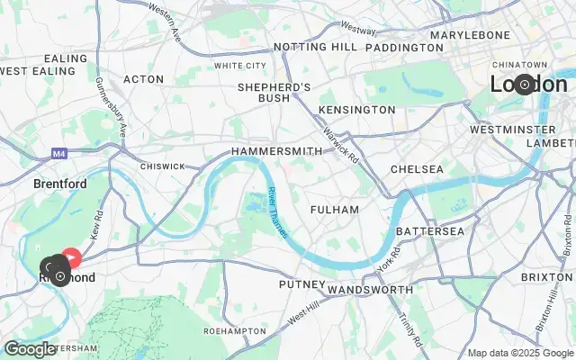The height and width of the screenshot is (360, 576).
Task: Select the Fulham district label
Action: click(334, 210)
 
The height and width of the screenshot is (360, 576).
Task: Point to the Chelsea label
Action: click(417, 169)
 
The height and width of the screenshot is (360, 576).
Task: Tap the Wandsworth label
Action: click(369, 290)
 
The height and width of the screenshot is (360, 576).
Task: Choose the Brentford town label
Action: click(59, 184)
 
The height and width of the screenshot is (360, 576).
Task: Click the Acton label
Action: click(144, 79)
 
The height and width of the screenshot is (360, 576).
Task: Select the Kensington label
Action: click(357, 110)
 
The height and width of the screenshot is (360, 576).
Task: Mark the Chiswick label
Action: click(162, 166)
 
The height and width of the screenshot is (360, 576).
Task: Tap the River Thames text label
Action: click(276, 212)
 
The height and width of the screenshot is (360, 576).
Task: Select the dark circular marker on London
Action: click(524, 85)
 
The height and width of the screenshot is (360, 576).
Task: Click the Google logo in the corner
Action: click(29, 349)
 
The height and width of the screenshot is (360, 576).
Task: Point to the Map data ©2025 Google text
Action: click(519, 353)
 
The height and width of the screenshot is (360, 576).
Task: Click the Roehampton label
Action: click(231, 331)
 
